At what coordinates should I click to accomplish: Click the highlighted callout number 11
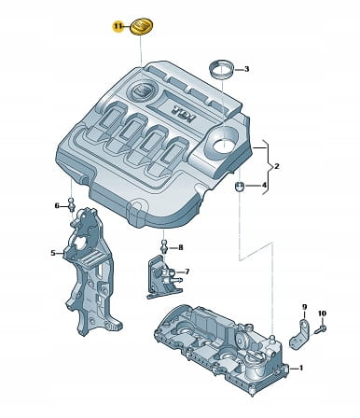[118, 26]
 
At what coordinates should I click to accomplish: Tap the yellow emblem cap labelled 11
[143, 27]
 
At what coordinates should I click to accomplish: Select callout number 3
[246, 69]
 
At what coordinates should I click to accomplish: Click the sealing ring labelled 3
[221, 71]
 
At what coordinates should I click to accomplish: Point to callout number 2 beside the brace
[276, 167]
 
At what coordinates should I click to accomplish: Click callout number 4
[264, 186]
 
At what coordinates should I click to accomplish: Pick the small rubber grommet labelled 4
[240, 188]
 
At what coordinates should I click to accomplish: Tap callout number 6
[57, 206]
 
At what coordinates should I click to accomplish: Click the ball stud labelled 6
[72, 204]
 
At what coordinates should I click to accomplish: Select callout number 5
[53, 253]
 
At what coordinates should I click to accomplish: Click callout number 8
[180, 248]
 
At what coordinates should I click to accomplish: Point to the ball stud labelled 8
[164, 246]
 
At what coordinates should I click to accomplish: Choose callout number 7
[187, 272]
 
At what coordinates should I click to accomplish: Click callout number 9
[304, 307]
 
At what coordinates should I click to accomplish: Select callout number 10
[322, 313]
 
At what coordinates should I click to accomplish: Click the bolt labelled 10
[320, 329]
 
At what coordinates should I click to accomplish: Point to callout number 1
[300, 369]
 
